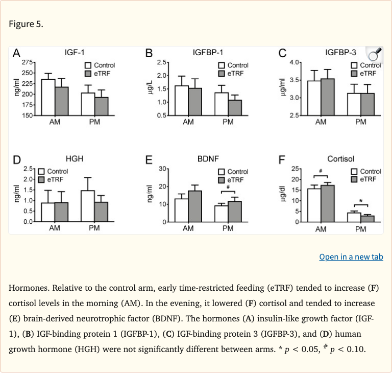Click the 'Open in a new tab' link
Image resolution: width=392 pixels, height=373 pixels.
tap(351, 257)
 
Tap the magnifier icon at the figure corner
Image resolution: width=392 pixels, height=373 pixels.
tap(375, 55)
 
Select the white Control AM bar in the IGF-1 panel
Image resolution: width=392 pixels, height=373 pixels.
tap(48, 97)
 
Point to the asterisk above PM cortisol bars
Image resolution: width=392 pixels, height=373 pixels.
tap(360, 201)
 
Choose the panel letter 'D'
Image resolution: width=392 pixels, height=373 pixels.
tap(17, 160)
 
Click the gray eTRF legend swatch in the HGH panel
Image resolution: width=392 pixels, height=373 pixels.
tap(42, 179)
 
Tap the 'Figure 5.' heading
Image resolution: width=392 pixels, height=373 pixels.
tap(26, 24)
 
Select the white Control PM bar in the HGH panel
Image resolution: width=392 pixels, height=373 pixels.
tap(87, 206)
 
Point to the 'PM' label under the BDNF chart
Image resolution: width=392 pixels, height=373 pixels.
tap(228, 228)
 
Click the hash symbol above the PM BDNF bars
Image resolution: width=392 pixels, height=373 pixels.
tap(227, 187)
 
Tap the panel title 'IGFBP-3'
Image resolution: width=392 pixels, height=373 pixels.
tap(341, 52)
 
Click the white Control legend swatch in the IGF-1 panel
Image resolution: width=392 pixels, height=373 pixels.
tap(88, 65)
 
